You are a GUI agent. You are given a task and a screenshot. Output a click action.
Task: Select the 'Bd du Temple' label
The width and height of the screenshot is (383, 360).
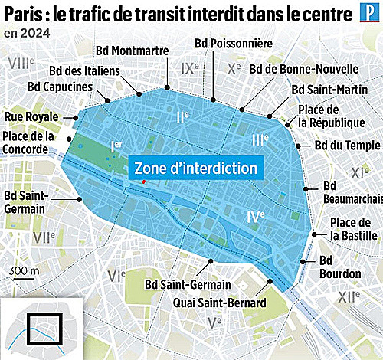(348, 146)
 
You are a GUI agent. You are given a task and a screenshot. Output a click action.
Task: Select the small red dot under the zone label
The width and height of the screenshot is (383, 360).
(143, 182)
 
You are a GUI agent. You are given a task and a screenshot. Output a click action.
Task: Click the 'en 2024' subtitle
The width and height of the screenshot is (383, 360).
(27, 33)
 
